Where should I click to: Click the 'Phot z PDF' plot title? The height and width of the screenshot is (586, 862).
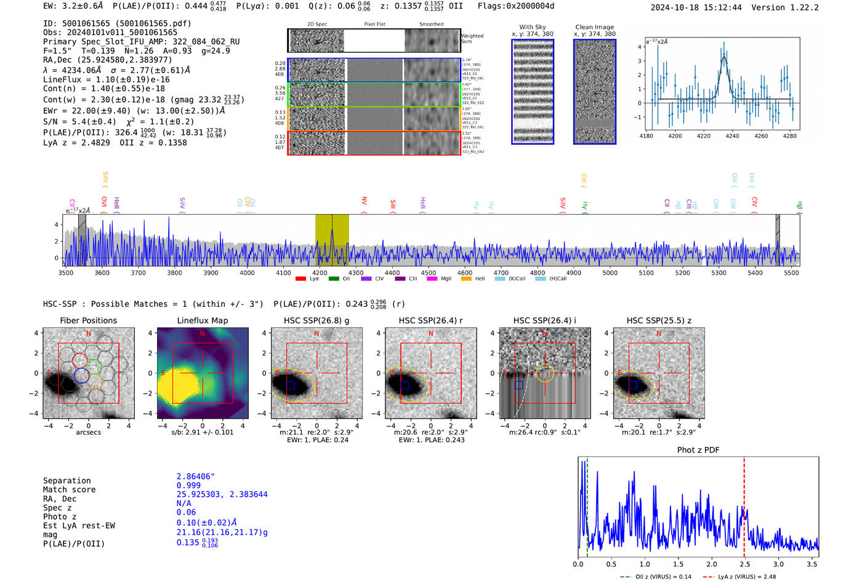coord(698,450)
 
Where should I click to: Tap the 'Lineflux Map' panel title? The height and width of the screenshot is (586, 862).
coord(202,320)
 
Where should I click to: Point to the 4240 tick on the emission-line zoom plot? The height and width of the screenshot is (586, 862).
coord(732,136)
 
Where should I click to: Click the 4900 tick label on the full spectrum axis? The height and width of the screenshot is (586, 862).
coord(573,272)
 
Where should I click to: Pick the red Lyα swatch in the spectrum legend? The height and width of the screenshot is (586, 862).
coord(300,279)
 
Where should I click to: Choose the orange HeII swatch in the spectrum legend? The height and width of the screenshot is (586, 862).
coord(466,279)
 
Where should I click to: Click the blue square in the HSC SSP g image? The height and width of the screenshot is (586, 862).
coord(291,385)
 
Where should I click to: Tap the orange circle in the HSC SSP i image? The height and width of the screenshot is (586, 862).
coord(544,373)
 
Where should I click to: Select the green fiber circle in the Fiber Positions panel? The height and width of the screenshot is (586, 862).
coord(94,367)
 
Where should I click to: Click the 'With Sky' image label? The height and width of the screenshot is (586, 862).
coord(532,27)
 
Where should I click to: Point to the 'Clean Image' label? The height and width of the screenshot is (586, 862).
coord(594,27)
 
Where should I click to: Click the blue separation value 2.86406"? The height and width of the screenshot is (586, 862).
coord(195,477)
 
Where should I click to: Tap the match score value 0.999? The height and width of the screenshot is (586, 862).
coord(188,485)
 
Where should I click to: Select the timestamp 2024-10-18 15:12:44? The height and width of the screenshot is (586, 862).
coord(696,7)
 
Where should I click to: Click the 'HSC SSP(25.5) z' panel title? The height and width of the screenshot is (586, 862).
coord(659,320)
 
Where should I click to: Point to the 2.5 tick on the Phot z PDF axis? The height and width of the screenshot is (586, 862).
coord(744,564)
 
